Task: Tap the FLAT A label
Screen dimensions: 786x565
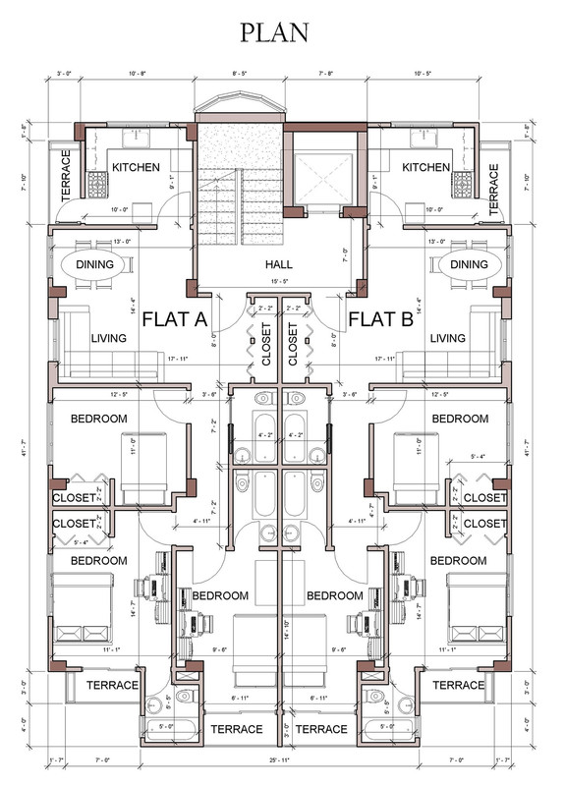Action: pyautogui.click(x=189, y=319)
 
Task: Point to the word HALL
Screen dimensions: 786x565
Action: pyautogui.click(x=280, y=265)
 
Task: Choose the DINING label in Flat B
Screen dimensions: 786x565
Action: pyautogui.click(x=470, y=264)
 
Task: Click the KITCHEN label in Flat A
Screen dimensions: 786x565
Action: pyautogui.click(x=136, y=168)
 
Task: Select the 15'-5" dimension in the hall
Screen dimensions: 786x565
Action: pyautogui.click(x=280, y=283)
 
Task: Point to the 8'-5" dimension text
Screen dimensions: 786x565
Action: pyautogui.click(x=241, y=74)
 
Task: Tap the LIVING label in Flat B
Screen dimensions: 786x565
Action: pyautogui.click(x=447, y=339)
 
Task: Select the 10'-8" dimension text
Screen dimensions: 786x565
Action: pyautogui.click(x=138, y=74)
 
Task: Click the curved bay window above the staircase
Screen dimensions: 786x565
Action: pyautogui.click(x=240, y=104)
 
